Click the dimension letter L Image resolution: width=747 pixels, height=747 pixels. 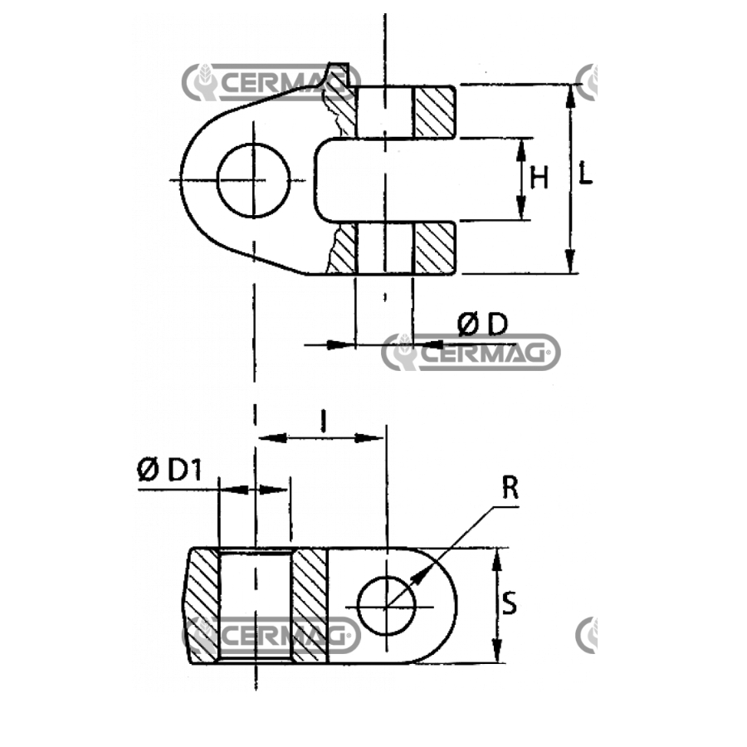point(585,173)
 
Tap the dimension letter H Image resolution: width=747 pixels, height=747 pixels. point(539,178)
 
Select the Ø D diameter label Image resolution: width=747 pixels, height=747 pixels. point(482,325)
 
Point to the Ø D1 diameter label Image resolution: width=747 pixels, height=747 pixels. point(169,471)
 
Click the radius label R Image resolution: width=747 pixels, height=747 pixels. point(510,487)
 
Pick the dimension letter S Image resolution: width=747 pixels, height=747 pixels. point(510,603)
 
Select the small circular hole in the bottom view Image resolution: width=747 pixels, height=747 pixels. point(386,606)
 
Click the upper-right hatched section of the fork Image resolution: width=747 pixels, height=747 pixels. point(434,112)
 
